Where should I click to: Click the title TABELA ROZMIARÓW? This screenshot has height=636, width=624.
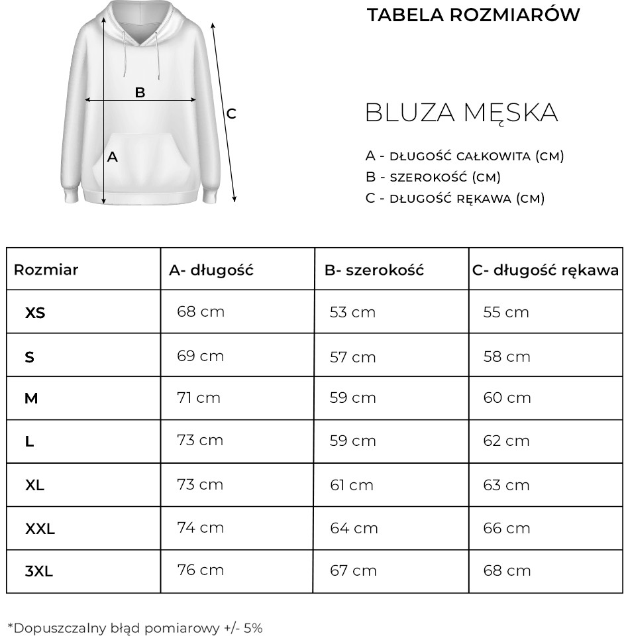474,15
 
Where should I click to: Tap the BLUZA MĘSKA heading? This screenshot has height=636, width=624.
461,113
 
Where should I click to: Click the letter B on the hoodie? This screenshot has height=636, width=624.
140,92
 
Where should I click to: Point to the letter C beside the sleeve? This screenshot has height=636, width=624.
231,114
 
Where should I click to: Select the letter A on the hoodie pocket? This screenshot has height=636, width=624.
113,157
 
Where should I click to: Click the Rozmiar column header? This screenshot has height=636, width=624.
46,270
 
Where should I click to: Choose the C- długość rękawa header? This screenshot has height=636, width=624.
545,270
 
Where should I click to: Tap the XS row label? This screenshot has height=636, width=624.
35,313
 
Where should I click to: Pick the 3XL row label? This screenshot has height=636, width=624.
39,571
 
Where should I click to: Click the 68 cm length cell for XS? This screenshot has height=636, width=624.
201,311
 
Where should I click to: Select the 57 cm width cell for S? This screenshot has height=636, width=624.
353,357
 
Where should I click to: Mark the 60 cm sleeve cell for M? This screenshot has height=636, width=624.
507,397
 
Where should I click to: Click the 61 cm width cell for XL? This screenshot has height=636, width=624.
352,485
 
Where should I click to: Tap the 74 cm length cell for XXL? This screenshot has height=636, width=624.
201,527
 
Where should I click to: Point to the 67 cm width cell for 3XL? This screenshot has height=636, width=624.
353,570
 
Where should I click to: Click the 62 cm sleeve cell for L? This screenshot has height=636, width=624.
506,441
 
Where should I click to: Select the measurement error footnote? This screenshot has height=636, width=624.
135,627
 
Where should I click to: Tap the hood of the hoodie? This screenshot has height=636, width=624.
140,20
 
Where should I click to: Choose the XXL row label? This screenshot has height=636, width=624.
40,529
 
